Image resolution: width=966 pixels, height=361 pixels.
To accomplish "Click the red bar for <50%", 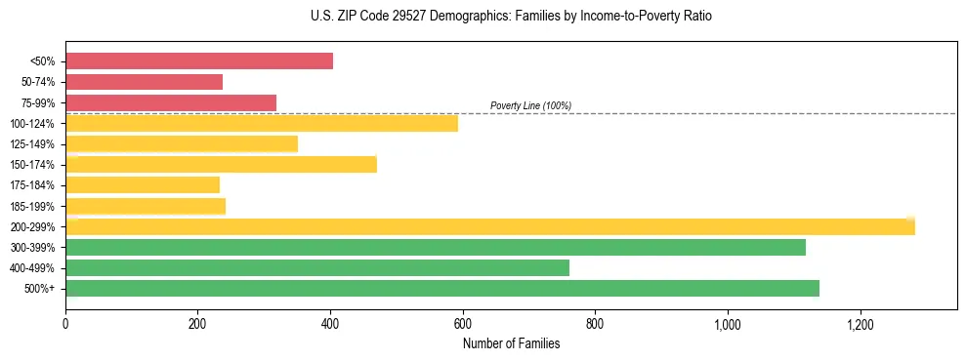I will click(x=199, y=61).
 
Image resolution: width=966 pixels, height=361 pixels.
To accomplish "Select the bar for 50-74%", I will click(x=145, y=82).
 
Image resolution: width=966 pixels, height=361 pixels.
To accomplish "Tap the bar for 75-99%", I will click(x=171, y=102).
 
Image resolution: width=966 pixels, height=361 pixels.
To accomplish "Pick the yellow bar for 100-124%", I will click(x=262, y=123).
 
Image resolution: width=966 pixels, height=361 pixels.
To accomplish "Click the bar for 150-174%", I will click(x=221, y=164).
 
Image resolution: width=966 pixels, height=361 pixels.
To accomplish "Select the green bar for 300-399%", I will click(x=436, y=247).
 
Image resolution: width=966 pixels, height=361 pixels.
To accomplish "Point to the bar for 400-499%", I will click(x=317, y=267).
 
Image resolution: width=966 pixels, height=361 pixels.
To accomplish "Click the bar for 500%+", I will click(x=442, y=288).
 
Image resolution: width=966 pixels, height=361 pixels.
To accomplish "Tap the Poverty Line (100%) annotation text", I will click(x=530, y=105).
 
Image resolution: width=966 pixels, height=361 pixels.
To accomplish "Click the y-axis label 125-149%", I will click(x=32, y=144).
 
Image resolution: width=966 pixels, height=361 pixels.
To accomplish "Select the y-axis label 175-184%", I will click(x=32, y=185).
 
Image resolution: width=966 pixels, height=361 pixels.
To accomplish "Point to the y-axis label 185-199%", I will click(x=32, y=206).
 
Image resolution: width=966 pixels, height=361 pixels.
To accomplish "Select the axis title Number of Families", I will click(x=511, y=343).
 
